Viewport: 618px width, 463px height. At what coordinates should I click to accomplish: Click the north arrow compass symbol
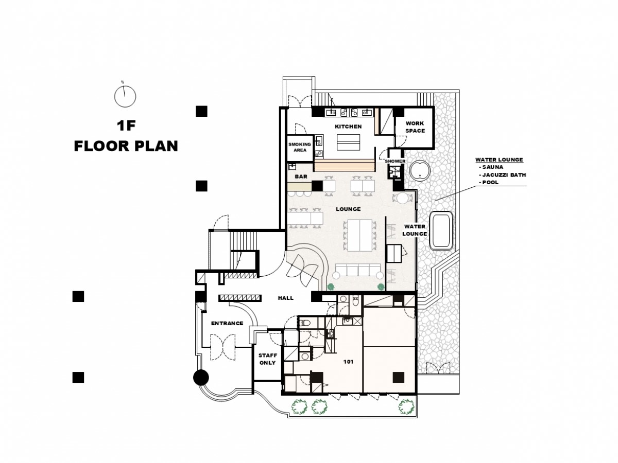tap(125, 96)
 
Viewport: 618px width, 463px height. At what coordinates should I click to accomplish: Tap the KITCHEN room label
tap(348, 127)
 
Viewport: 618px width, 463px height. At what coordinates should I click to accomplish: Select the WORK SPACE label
tap(415, 127)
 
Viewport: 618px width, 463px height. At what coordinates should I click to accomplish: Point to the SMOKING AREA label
tap(300, 147)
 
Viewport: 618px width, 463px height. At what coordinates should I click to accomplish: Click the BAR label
tap(301, 176)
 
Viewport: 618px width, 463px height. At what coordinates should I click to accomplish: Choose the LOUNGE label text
tap(348, 209)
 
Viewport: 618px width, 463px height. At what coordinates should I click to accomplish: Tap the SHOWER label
tap(395, 161)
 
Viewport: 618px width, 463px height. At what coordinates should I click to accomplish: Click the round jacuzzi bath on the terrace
tap(420, 170)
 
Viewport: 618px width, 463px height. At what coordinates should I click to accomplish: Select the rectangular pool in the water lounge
tap(441, 230)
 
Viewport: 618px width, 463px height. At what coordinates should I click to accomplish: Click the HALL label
tap(285, 298)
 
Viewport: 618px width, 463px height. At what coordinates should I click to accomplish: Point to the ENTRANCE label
tap(227, 323)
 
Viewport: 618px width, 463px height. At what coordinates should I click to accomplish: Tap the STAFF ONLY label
tap(267, 359)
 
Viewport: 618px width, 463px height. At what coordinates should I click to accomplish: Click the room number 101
tap(348, 362)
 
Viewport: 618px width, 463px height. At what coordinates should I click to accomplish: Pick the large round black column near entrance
tap(201, 377)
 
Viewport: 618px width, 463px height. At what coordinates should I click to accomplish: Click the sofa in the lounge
tap(358, 271)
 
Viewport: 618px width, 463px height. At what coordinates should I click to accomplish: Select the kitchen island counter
tap(348, 143)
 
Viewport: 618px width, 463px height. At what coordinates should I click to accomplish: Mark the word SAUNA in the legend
tap(493, 167)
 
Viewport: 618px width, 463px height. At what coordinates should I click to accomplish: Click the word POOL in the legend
tap(490, 182)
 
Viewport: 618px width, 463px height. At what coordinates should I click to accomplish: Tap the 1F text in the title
tap(126, 126)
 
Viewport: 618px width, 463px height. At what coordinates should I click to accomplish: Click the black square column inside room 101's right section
tap(399, 377)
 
